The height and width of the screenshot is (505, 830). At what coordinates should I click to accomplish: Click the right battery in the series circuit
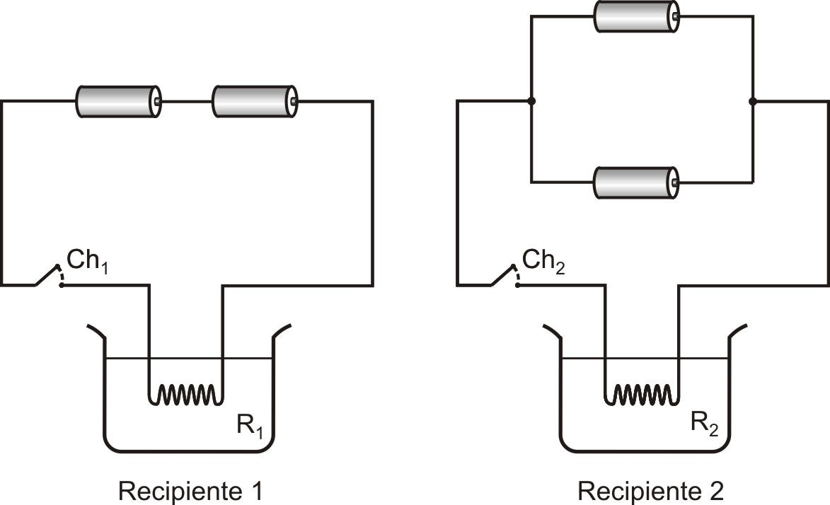pos(255,101)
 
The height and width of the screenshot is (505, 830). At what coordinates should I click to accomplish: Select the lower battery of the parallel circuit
pos(636,182)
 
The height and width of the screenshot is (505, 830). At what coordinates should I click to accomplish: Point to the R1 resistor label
pos(249,425)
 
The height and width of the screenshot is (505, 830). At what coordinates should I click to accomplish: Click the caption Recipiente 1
pos(190,492)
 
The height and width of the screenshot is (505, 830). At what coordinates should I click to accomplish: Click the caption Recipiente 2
pos(650,492)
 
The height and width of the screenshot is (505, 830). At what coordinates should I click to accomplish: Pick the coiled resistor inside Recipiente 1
pos(186,395)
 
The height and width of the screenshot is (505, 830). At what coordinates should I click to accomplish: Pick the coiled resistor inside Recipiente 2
pos(642,395)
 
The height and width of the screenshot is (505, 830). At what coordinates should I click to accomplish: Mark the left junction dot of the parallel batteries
pos(531,100)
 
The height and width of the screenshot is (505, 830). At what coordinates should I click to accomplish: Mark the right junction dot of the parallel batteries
pos(753,100)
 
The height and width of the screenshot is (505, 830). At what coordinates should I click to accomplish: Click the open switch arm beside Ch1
pos(47,274)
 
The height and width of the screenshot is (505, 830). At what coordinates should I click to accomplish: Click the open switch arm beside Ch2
pos(502,274)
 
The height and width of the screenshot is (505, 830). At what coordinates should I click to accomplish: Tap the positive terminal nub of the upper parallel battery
pos(676,16)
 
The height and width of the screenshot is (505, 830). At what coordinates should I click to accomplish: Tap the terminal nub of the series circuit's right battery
pos(294,101)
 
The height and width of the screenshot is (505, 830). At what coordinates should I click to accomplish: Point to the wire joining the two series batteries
pos(186,101)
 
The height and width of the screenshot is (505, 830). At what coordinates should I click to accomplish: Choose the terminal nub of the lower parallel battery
pos(676,182)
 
